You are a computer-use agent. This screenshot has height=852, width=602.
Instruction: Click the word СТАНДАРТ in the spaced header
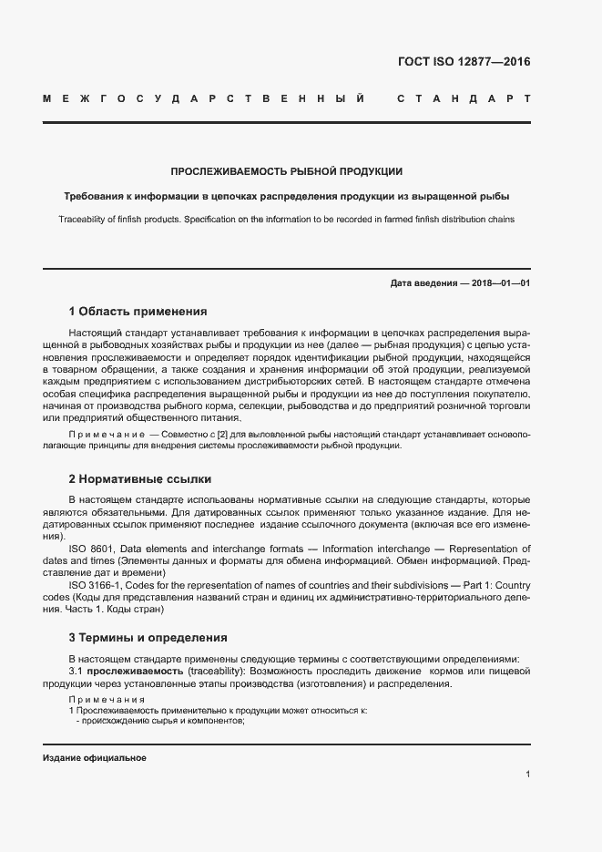click(463, 98)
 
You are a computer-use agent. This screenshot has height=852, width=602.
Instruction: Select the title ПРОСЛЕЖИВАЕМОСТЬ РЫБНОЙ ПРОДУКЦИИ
click(287, 171)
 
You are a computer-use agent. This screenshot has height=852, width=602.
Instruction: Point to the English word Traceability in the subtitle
click(85, 220)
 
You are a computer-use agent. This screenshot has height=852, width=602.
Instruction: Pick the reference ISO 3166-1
click(95, 584)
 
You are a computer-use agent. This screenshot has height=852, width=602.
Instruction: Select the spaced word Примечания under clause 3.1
click(101, 698)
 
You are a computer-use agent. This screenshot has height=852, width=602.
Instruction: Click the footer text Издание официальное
click(95, 758)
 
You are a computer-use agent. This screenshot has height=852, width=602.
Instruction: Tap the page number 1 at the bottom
click(527, 775)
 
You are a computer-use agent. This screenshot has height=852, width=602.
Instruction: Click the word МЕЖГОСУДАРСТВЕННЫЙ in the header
click(205, 98)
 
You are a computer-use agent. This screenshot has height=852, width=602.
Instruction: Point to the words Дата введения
click(423, 283)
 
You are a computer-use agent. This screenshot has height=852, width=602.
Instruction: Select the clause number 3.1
click(76, 671)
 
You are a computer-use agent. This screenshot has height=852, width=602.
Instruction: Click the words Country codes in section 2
click(510, 584)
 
